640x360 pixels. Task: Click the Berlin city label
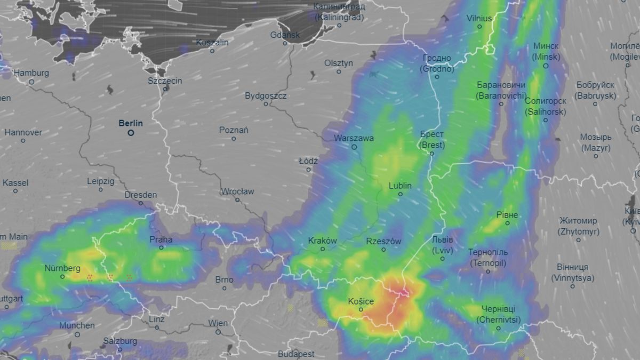tap(131, 123)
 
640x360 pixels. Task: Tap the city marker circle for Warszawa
tap(354, 147)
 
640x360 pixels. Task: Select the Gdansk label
tap(285, 35)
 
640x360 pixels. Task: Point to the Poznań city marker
tap(234, 139)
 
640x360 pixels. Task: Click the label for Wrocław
tap(237, 191)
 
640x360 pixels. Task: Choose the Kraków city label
tap(323, 241)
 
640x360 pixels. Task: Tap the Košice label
tap(361, 301)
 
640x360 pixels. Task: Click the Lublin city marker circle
tap(401, 194)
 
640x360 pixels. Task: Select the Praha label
tap(161, 239)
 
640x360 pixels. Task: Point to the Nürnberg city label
tap(62, 268)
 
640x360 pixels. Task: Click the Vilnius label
tap(479, 18)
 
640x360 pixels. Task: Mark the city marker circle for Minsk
tap(546, 66)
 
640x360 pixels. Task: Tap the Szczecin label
tap(165, 81)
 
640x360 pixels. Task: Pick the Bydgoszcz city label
tap(266, 96)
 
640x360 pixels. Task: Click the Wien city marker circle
tap(218, 332)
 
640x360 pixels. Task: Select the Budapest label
tap(296, 354)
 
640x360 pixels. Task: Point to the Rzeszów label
tap(383, 241)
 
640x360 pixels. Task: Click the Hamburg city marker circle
tap(31, 82)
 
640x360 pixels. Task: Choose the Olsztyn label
tap(339, 63)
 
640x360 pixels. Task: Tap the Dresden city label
tap(141, 195)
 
